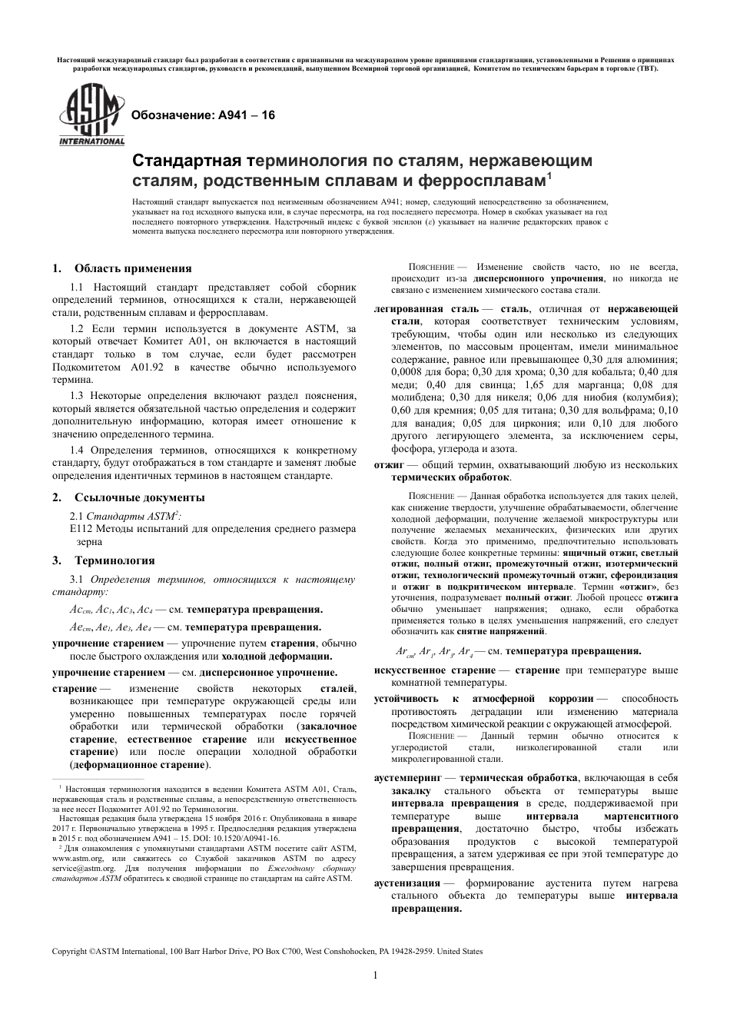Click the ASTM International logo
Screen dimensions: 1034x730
91,116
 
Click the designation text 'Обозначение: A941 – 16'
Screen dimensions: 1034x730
204,116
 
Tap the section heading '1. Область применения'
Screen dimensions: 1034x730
121,268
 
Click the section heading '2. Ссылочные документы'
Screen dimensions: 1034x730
128,497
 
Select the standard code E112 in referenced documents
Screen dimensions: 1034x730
80,528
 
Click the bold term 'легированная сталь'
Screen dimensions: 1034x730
416,308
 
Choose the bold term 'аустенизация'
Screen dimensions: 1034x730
407,883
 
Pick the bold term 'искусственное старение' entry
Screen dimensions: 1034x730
434,670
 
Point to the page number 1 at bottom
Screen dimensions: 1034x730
374,976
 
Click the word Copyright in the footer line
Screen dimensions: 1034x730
69,952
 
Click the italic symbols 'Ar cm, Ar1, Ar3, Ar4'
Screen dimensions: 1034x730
434,651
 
